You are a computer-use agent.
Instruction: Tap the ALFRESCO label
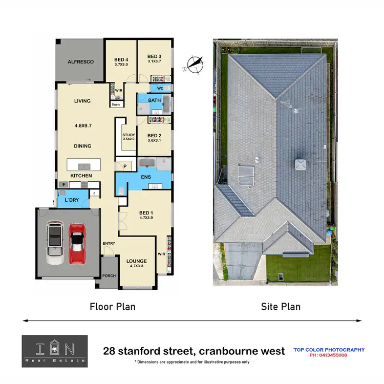(x=80, y=62)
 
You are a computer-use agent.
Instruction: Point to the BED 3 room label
(x=154, y=56)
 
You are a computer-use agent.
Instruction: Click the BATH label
(x=154, y=100)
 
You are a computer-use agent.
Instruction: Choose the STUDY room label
(x=129, y=135)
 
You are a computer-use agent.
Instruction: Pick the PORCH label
(x=109, y=275)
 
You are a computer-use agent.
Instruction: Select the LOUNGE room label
(x=136, y=261)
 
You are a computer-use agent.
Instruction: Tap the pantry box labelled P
(x=124, y=166)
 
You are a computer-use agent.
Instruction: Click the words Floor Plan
(x=113, y=307)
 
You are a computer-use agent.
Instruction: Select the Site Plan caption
(x=281, y=307)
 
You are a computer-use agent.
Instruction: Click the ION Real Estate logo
(x=54, y=351)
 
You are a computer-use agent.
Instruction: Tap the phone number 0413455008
(x=329, y=355)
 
